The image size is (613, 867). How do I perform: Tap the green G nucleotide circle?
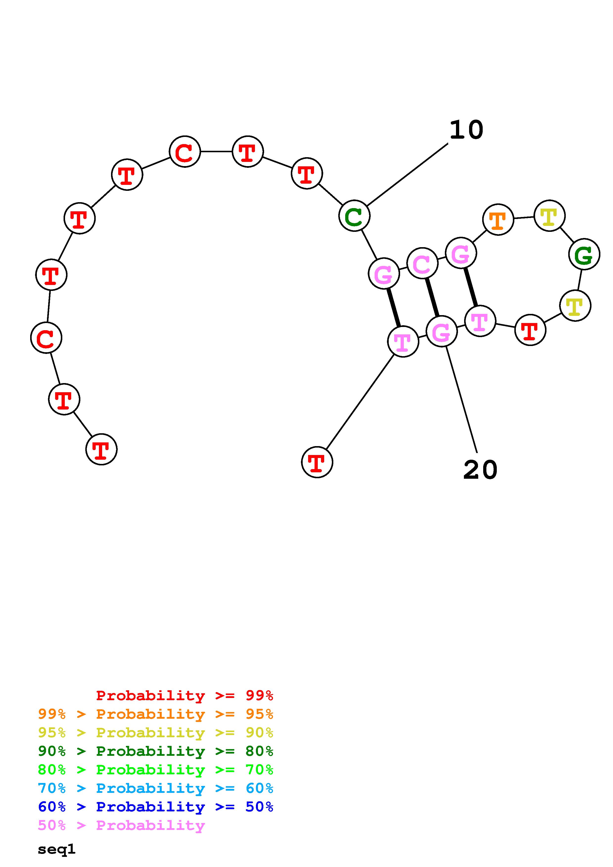coord(584,254)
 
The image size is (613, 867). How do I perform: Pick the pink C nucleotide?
coord(422,263)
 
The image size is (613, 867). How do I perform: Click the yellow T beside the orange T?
coord(549,216)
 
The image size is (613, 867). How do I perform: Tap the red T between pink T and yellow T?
coord(530,330)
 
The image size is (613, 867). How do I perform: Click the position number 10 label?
coord(466,130)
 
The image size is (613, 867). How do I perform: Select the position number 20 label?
coord(480,470)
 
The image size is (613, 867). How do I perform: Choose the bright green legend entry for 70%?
coord(155,770)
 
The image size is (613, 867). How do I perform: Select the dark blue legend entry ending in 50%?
coord(155,807)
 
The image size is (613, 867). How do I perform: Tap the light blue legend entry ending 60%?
coord(155,788)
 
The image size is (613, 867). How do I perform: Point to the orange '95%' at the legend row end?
coord(259,714)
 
